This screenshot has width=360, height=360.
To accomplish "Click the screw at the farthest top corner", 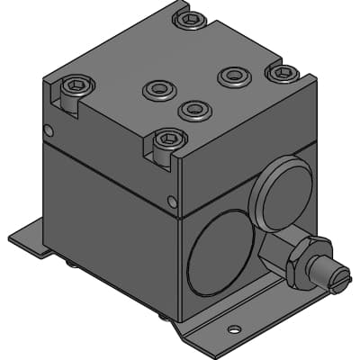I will click(x=189, y=18).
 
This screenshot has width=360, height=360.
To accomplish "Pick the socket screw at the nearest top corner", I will click(x=169, y=139).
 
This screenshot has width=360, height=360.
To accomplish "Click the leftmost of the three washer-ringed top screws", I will click(x=159, y=89).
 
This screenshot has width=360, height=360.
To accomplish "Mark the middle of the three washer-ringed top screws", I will click(x=193, y=110).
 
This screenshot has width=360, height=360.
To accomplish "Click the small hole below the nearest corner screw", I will click(x=173, y=201).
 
